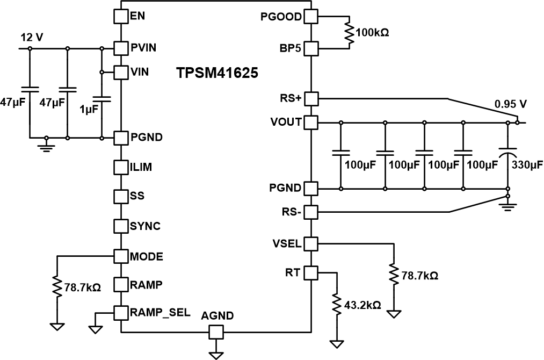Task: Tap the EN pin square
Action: click(122, 16)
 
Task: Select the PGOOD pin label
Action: click(281, 16)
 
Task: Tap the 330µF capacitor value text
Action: click(527, 164)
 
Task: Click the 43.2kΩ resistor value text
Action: click(362, 305)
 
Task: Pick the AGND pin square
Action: click(216, 333)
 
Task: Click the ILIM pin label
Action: click(141, 167)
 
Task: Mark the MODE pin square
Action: click(122, 256)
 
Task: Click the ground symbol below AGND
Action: click(216, 355)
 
